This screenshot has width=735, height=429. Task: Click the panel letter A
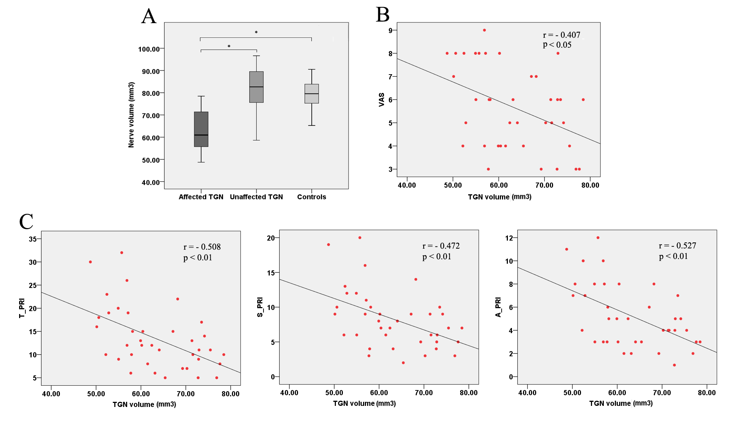pyautogui.click(x=149, y=17)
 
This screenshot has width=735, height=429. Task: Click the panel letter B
pyautogui.click(x=383, y=15)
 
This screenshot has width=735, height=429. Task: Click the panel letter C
pyautogui.click(x=26, y=221)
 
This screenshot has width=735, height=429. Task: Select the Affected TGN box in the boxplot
pyautogui.click(x=201, y=129)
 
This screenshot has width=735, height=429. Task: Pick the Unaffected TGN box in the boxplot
pyautogui.click(x=256, y=87)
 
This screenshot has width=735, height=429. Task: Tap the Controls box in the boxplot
pyautogui.click(x=312, y=94)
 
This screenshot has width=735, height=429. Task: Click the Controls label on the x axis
pyautogui.click(x=312, y=197)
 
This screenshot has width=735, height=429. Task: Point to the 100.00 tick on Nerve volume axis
pyautogui.click(x=149, y=49)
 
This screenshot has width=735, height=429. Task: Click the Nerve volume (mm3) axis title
pyautogui.click(x=131, y=115)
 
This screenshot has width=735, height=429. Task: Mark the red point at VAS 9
pyautogui.click(x=484, y=30)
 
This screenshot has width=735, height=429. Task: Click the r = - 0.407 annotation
pyautogui.click(x=562, y=35)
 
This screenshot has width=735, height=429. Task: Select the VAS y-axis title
pyautogui.click(x=381, y=100)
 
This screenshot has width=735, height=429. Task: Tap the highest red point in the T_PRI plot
pyautogui.click(x=122, y=253)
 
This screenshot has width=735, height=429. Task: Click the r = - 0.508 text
pyautogui.click(x=202, y=247)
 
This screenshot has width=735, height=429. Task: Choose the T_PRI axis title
pyautogui.click(x=22, y=308)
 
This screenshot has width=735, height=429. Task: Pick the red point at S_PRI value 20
pyautogui.click(x=360, y=238)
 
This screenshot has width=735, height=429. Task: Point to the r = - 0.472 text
pyautogui.click(x=441, y=246)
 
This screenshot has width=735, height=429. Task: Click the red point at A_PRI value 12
pyautogui.click(x=598, y=238)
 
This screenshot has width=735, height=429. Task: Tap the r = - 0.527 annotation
pyautogui.click(x=677, y=245)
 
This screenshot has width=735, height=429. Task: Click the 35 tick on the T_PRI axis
pyautogui.click(x=33, y=239)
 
